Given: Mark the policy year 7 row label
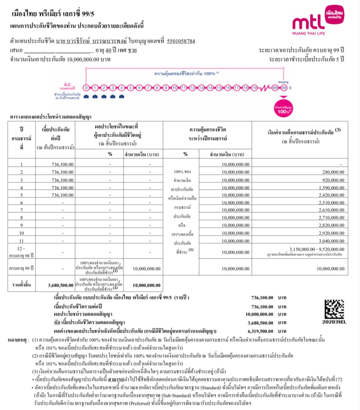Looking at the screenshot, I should click(x=22, y=210).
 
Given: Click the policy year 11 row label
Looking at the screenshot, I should click(x=22, y=240).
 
